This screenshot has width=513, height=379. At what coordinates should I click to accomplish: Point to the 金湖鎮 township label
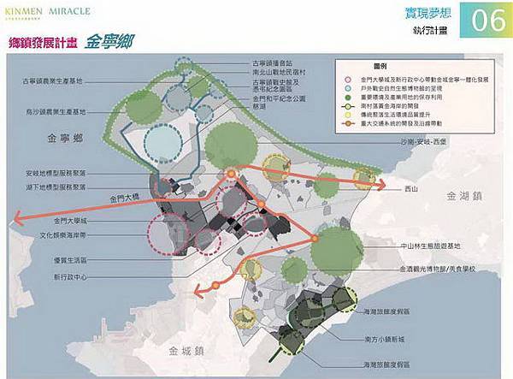[x=463, y=196]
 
